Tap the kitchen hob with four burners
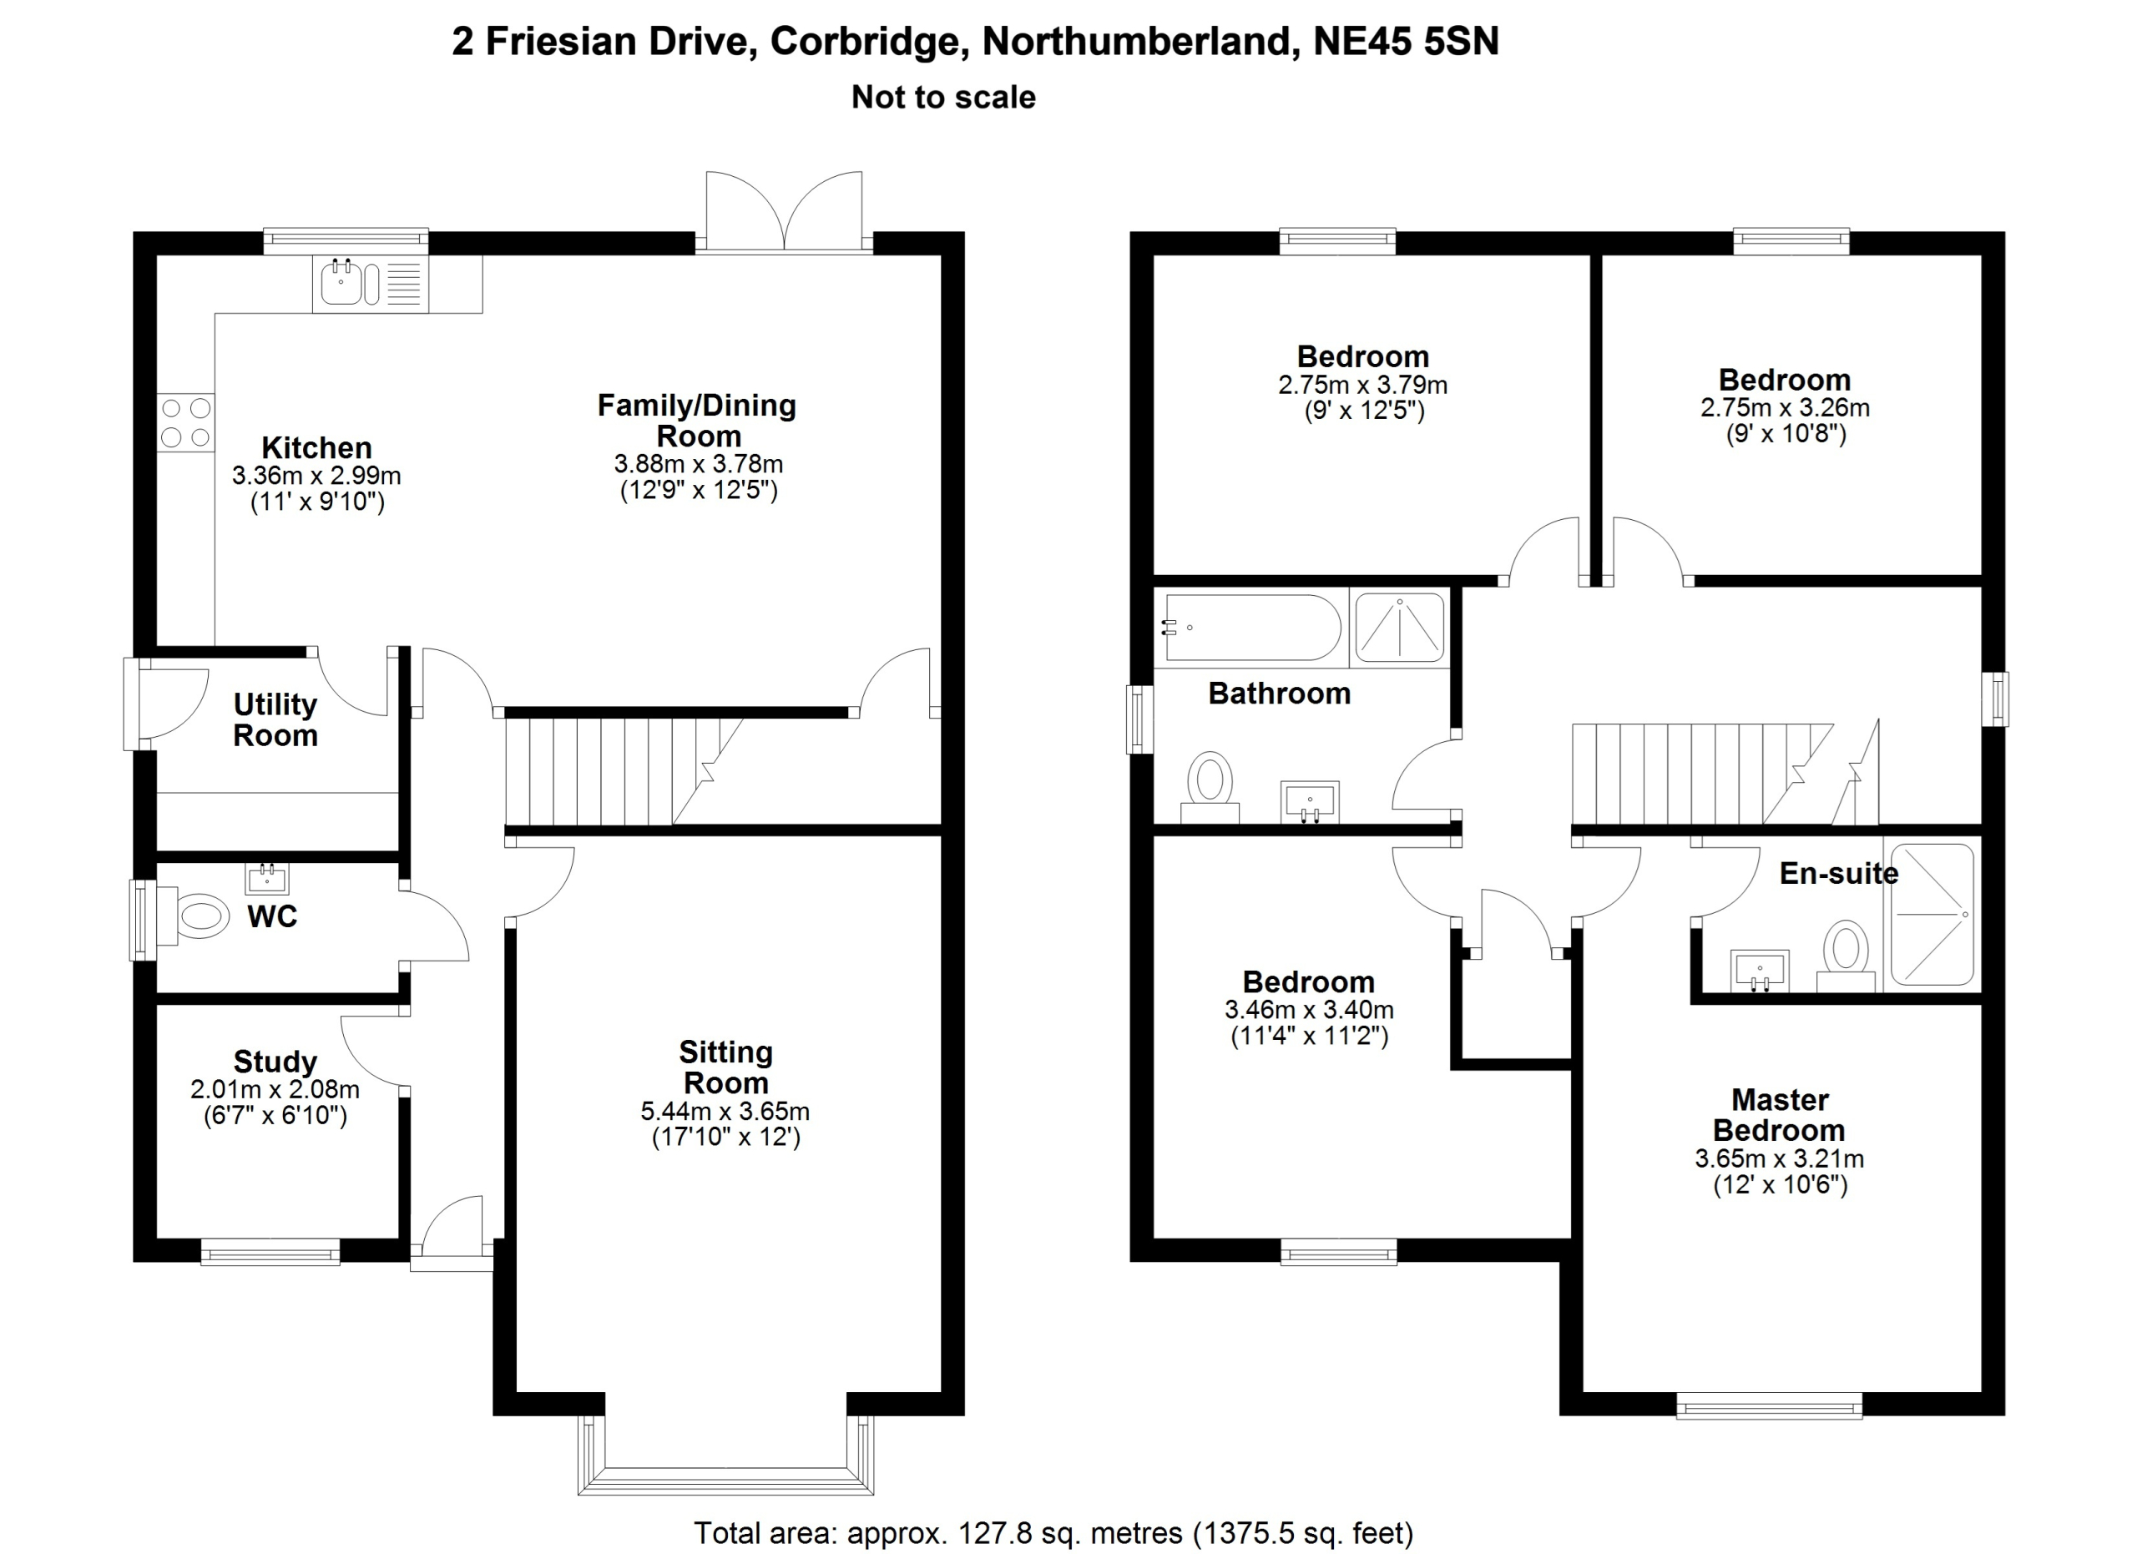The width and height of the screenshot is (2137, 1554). click(185, 423)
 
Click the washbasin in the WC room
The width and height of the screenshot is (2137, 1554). click(266, 878)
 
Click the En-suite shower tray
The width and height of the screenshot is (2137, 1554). click(1932, 915)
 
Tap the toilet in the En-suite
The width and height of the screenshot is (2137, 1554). click(1846, 956)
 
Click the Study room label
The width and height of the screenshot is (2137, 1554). click(275, 1062)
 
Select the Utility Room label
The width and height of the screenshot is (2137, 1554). click(275, 719)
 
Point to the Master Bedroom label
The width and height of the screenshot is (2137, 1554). click(1779, 1114)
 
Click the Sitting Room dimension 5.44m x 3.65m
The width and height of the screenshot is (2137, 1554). click(725, 1112)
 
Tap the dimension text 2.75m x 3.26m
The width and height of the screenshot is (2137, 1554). click(1785, 408)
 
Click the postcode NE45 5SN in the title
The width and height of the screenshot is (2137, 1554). click(1406, 42)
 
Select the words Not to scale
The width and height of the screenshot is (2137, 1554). click(943, 97)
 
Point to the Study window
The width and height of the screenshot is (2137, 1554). click(270, 1252)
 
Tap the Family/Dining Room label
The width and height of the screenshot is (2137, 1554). click(697, 420)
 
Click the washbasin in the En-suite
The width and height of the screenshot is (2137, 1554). click(1759, 971)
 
